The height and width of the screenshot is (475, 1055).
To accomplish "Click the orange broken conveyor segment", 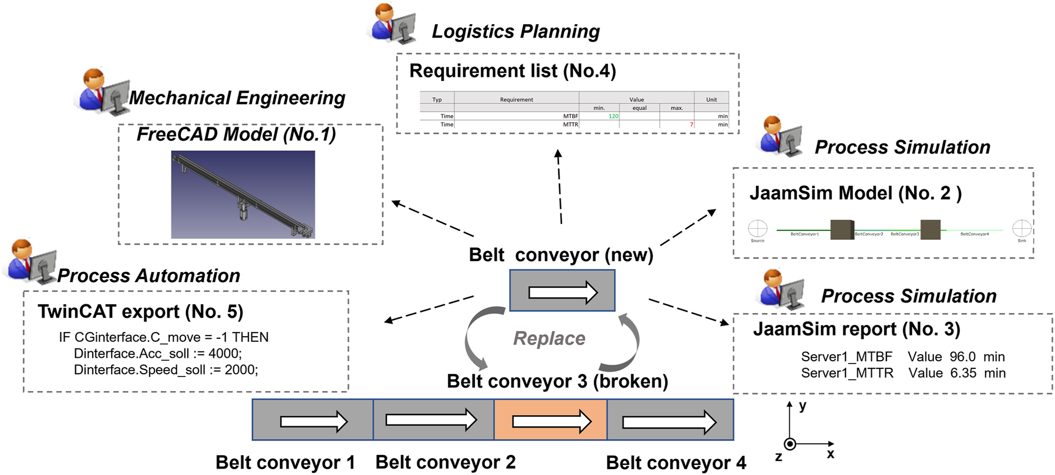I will point(550,420).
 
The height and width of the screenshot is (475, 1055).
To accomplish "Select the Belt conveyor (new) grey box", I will point(562,291).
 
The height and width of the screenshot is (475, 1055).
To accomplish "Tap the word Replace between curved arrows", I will point(549,338).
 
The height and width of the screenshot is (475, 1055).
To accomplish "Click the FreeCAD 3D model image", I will point(243,195).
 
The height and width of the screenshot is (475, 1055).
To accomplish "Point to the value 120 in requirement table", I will point(613,116).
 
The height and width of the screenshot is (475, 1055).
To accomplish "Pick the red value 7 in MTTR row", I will point(691,124).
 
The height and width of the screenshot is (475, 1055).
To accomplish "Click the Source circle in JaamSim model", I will point(757,228).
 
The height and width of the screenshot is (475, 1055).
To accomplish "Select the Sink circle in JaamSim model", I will point(1022,228).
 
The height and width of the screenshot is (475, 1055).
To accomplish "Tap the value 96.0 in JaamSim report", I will point(962,357).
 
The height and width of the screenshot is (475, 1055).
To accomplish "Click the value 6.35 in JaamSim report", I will point(963,373).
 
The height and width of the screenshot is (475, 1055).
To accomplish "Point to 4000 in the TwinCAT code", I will point(224,354).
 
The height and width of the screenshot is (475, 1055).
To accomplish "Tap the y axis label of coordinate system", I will point(803,406).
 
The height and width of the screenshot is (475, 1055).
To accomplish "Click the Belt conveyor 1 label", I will point(285,462).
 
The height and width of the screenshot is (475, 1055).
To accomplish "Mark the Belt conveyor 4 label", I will point(676,463).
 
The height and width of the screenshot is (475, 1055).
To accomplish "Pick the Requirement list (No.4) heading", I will point(513,71).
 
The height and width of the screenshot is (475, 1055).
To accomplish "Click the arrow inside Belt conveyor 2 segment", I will point(431,420).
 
